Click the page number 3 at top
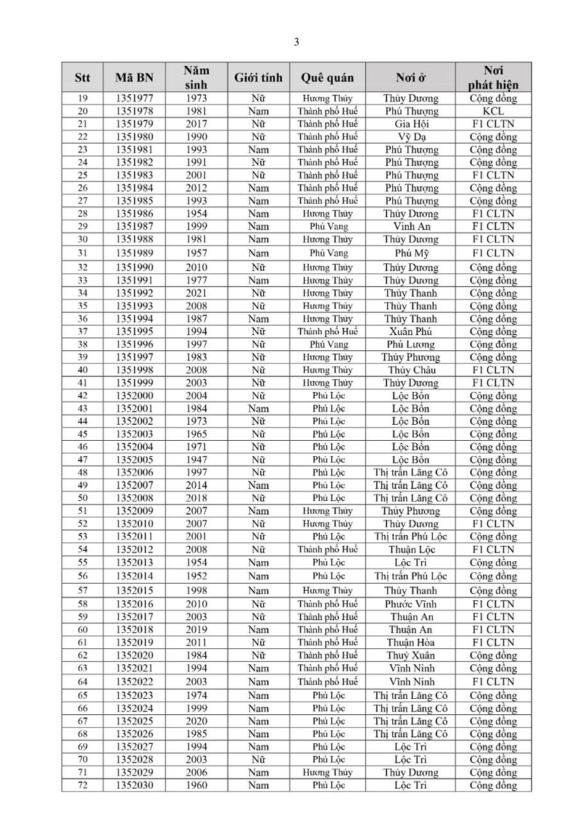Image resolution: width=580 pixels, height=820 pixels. (297, 42)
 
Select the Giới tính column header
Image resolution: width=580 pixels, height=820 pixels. (257, 78)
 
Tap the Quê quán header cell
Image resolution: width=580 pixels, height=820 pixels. (328, 78)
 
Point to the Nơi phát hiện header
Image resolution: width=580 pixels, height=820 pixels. (493, 78)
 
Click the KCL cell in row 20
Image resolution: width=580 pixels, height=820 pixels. (493, 111)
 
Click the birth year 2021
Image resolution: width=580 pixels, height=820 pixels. (196, 293)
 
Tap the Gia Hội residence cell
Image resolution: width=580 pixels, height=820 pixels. (412, 124)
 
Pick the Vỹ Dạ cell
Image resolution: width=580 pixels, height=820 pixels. (412, 137)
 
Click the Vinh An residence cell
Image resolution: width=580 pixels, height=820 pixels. (412, 226)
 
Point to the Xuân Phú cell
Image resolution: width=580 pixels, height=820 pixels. (412, 331)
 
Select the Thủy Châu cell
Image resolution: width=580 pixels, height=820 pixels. (412, 370)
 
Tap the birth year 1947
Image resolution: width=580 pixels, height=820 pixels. (196, 460)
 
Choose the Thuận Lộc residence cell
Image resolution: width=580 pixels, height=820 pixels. (412, 549)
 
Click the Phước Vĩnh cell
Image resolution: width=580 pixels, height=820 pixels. (412, 603)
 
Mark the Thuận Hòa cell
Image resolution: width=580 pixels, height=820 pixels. (412, 642)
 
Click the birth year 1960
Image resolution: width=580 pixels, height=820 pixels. (196, 785)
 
